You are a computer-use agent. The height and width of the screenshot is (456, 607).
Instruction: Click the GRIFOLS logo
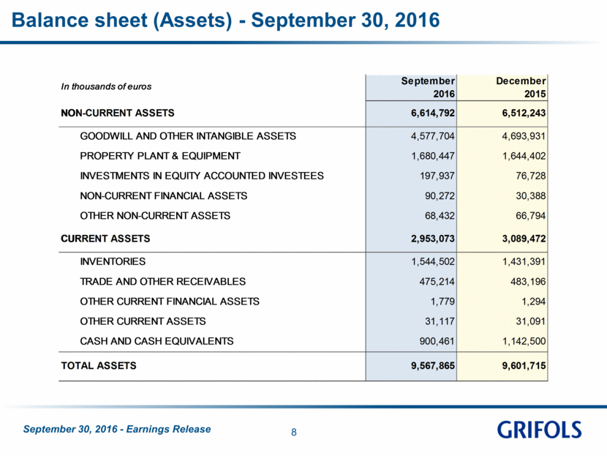coord(539,430)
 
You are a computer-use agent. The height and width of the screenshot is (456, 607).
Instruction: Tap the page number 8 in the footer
coord(294,433)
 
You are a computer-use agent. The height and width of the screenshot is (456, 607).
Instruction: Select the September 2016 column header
coord(428,87)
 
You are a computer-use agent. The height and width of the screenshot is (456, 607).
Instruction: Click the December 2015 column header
coord(521,87)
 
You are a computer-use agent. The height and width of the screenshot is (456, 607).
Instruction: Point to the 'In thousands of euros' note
coord(106,86)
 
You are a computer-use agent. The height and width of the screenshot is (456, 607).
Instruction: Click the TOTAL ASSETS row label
coord(99,366)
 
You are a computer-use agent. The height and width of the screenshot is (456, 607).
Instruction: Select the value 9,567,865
coord(433,366)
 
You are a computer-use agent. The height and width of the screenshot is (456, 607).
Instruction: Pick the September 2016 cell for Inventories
coord(433,262)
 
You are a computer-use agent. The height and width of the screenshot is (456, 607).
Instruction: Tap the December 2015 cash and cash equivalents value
coord(524,341)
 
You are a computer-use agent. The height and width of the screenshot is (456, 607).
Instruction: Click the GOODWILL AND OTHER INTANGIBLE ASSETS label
coord(188,136)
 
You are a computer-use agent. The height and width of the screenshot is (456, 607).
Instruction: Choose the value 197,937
coord(437,176)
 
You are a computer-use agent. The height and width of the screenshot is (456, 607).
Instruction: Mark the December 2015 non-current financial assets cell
coord(531,196)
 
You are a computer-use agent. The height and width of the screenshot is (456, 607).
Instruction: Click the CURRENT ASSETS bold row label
coord(105,239)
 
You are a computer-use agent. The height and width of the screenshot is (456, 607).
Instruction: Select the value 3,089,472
coord(524,239)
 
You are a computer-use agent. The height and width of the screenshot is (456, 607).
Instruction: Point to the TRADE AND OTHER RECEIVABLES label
coord(162,282)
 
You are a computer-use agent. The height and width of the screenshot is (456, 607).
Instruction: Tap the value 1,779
coord(442,302)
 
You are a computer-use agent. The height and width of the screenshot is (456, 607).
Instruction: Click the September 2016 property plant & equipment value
coord(433,156)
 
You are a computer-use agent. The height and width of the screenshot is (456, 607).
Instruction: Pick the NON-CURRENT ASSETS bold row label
coord(118,113)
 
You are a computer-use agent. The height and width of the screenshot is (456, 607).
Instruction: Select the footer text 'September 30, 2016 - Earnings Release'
coord(117,429)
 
